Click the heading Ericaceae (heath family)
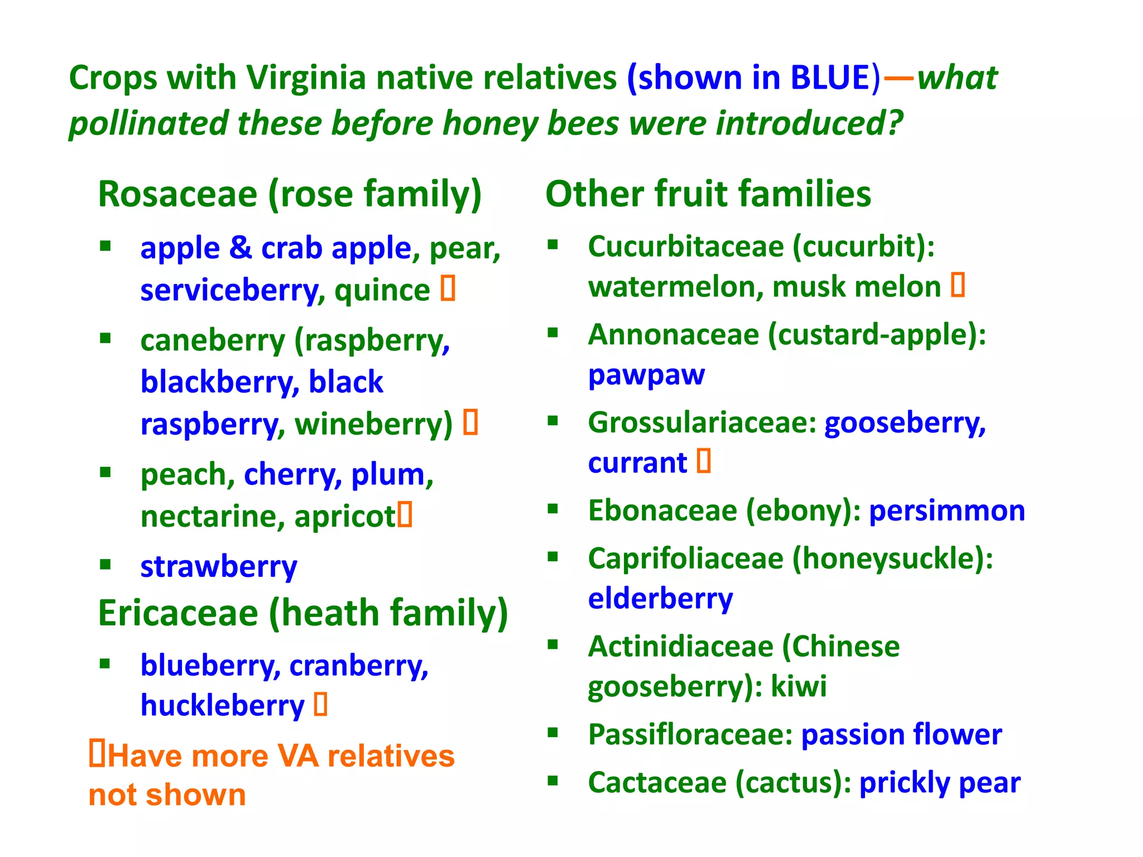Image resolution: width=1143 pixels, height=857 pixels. [302, 613]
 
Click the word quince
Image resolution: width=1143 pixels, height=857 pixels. [382, 291]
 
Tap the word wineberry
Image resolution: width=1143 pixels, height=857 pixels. [373, 425]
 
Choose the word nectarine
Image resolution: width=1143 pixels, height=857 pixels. [209, 517]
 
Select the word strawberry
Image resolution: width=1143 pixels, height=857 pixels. [219, 567]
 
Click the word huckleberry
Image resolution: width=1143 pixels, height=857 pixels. [223, 706]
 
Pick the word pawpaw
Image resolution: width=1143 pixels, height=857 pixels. [646, 375]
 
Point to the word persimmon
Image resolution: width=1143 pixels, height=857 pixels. [947, 511]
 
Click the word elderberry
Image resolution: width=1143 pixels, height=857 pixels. [660, 599]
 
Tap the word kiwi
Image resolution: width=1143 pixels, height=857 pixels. [799, 686]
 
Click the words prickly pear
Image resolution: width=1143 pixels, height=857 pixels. [939, 783]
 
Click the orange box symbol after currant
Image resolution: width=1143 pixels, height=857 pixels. [704, 461]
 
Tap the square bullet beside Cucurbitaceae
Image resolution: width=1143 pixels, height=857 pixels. [553, 244]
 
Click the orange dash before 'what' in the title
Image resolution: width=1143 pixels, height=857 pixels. [899, 79]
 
